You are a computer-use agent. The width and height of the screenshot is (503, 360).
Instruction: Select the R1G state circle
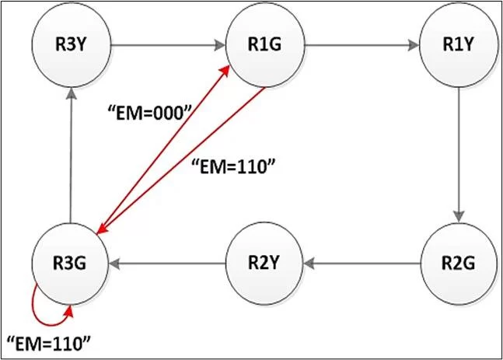[x=265, y=44]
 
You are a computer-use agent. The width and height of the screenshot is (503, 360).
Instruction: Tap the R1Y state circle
[x=459, y=44]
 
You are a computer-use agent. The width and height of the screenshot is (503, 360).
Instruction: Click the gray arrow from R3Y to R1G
[x=167, y=44]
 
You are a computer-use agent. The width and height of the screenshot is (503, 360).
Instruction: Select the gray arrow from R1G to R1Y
[x=362, y=44]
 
